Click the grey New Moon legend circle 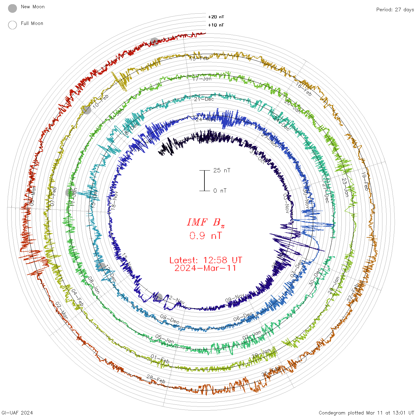coord(12,9)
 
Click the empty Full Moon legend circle coord(12,25)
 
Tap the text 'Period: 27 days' coord(395,10)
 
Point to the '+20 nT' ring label coord(216,17)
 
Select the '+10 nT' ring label coord(216,25)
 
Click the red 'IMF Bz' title coord(206,222)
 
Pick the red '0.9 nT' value coord(206,236)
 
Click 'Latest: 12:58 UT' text coord(206,260)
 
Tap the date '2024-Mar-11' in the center coord(206,268)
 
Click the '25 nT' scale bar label coord(222,170)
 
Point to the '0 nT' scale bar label coord(220,190)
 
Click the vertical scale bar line coord(204,180)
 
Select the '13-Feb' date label coord(199,58)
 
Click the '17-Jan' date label coord(202,79)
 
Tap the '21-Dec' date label coord(204,99)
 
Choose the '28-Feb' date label coord(156,379)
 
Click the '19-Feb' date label coord(365,181)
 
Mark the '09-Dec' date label coord(170,319)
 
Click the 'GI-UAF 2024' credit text coord(17,413)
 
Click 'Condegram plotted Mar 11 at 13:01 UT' coord(366,413)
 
